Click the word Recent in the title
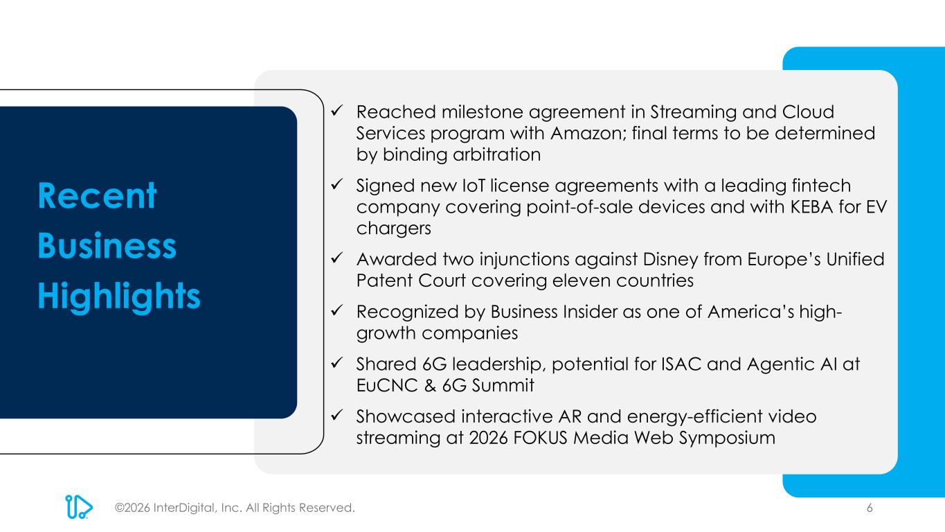click(97, 195)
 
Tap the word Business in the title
click(107, 245)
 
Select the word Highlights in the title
click(119, 296)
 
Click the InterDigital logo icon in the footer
click(79, 506)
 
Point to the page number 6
click(870, 508)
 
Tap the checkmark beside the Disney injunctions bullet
click(336, 258)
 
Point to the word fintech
click(821, 186)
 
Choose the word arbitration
click(496, 154)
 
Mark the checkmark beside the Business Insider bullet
click(336, 310)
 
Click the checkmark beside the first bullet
click(336, 111)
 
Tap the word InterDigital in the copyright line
click(184, 508)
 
